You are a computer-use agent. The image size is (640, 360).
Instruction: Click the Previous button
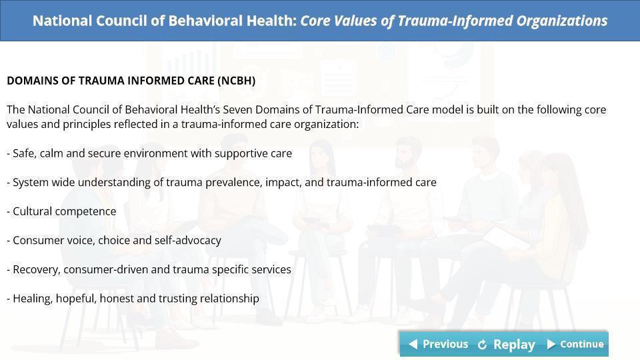(438, 344)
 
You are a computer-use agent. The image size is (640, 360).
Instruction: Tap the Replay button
(507, 345)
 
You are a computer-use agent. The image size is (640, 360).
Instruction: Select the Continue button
(575, 344)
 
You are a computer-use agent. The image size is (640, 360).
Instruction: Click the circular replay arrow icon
(482, 345)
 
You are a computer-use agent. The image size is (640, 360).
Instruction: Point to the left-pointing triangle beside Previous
(413, 344)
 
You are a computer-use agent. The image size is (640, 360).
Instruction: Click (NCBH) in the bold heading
(236, 81)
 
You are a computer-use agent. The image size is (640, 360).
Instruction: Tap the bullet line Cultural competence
(61, 211)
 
